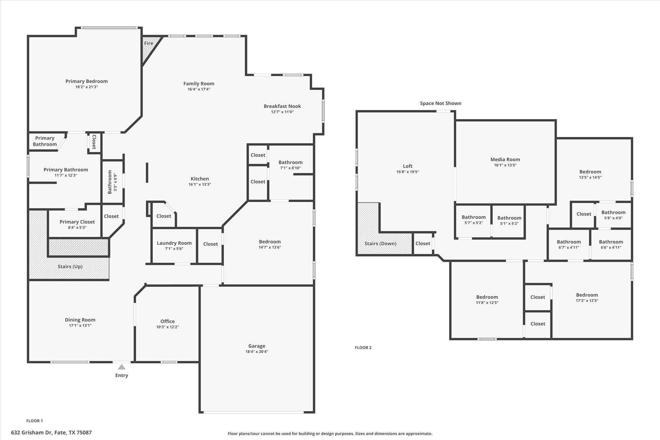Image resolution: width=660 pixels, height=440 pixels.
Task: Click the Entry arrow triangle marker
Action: [121, 367]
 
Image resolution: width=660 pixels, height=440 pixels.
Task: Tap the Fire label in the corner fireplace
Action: [149, 43]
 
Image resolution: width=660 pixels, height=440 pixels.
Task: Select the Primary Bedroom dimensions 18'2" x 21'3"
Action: [86, 87]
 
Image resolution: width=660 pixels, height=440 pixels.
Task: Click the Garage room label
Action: [257, 346]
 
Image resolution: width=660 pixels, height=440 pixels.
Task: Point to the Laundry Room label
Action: [174, 243]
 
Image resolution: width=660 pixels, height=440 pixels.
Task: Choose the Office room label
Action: [167, 321]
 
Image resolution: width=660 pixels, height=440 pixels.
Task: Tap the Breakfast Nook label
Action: [282, 106]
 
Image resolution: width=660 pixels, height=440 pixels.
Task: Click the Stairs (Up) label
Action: [70, 267]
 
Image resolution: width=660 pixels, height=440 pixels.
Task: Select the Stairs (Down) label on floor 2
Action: [380, 243]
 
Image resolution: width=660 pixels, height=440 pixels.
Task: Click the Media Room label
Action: [505, 159]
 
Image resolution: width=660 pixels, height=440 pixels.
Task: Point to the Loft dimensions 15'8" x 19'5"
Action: [407, 172]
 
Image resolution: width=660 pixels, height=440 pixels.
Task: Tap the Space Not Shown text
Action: [440, 103]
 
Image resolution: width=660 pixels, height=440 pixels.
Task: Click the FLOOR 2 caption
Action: [363, 347]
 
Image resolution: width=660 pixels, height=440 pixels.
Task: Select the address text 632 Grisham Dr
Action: [51, 433]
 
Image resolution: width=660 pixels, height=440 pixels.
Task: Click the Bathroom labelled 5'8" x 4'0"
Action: [613, 212]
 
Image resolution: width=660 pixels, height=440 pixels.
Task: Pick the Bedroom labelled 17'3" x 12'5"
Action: [587, 295]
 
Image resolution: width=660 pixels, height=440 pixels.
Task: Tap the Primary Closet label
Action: [77, 222]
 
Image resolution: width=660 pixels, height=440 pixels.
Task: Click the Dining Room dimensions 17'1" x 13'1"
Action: [80, 326]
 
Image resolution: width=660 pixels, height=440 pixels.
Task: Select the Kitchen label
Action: [199, 179]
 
